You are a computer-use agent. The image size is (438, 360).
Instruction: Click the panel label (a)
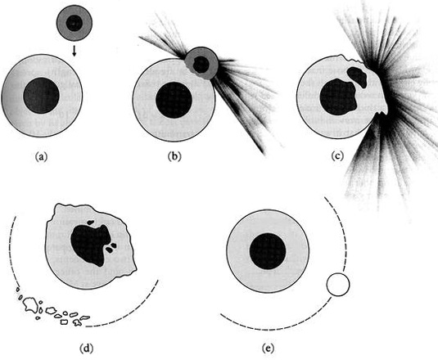tap(41, 156)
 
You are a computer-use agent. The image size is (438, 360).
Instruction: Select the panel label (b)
tap(174, 156)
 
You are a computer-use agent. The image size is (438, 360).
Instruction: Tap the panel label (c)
tap(337, 155)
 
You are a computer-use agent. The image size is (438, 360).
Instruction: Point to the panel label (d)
tap(86, 349)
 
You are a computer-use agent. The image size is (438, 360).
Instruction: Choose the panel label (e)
tap(269, 349)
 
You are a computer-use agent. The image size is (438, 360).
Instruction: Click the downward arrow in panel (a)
tap(74, 51)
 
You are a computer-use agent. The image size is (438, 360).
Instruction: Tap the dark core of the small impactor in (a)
tap(75, 23)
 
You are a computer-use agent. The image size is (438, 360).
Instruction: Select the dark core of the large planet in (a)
tap(41, 96)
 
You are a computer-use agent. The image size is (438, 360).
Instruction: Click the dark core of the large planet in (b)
tap(174, 100)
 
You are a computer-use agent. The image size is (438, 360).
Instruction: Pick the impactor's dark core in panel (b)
tap(201, 64)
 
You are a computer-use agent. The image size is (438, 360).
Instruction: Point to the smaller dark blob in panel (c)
tap(357, 76)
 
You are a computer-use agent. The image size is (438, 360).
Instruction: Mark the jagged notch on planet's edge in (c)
tap(382, 113)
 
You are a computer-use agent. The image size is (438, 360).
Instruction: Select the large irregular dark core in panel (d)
tap(90, 245)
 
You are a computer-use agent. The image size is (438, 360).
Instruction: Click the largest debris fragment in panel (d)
tap(30, 305)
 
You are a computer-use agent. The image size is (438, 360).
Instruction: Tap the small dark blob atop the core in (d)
tap(90, 223)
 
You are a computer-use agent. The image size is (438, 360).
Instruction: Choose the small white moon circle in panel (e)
tap(338, 285)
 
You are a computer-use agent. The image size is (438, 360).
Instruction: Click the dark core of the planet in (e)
tap(268, 251)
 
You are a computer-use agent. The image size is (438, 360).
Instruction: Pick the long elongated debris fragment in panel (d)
tap(84, 317)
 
